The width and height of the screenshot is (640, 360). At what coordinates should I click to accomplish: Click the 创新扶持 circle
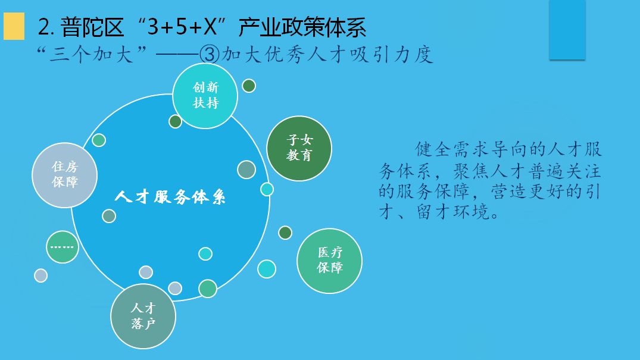pos(205,96)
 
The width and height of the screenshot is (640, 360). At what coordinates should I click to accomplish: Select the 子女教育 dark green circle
pos(299,149)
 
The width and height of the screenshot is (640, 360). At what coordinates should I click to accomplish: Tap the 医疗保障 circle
pos(329,261)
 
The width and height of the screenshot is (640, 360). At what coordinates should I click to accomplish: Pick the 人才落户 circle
pos(143,317)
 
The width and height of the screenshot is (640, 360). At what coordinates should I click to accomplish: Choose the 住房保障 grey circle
pos(64,175)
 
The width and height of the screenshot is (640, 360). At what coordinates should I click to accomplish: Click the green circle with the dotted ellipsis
pos(63,247)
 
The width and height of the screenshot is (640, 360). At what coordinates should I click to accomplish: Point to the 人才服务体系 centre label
pos(170,197)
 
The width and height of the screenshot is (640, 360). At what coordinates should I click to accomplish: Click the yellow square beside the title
pos(14,26)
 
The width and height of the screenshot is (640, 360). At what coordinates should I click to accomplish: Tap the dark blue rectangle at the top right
pos(567,29)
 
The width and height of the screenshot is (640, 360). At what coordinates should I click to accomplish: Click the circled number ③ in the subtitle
pos(210,55)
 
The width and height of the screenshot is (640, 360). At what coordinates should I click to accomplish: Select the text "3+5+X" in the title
pos(182,27)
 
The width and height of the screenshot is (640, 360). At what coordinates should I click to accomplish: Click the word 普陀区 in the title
pos(92,27)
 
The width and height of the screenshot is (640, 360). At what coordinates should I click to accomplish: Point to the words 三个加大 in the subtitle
pos(92,55)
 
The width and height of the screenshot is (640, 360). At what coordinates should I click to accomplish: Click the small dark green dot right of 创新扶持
pos(249,86)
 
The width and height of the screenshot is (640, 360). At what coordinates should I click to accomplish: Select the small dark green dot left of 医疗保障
pos(285,233)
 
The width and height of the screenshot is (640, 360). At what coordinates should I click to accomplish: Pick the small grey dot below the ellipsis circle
pos(41,276)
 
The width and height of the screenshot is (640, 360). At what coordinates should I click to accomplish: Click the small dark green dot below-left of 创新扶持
pos(175,121)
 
